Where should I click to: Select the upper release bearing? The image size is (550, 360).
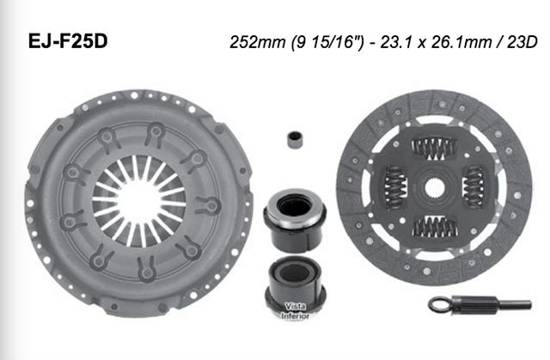(x=291, y=210)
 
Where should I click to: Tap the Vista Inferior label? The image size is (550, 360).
(x=295, y=310)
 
